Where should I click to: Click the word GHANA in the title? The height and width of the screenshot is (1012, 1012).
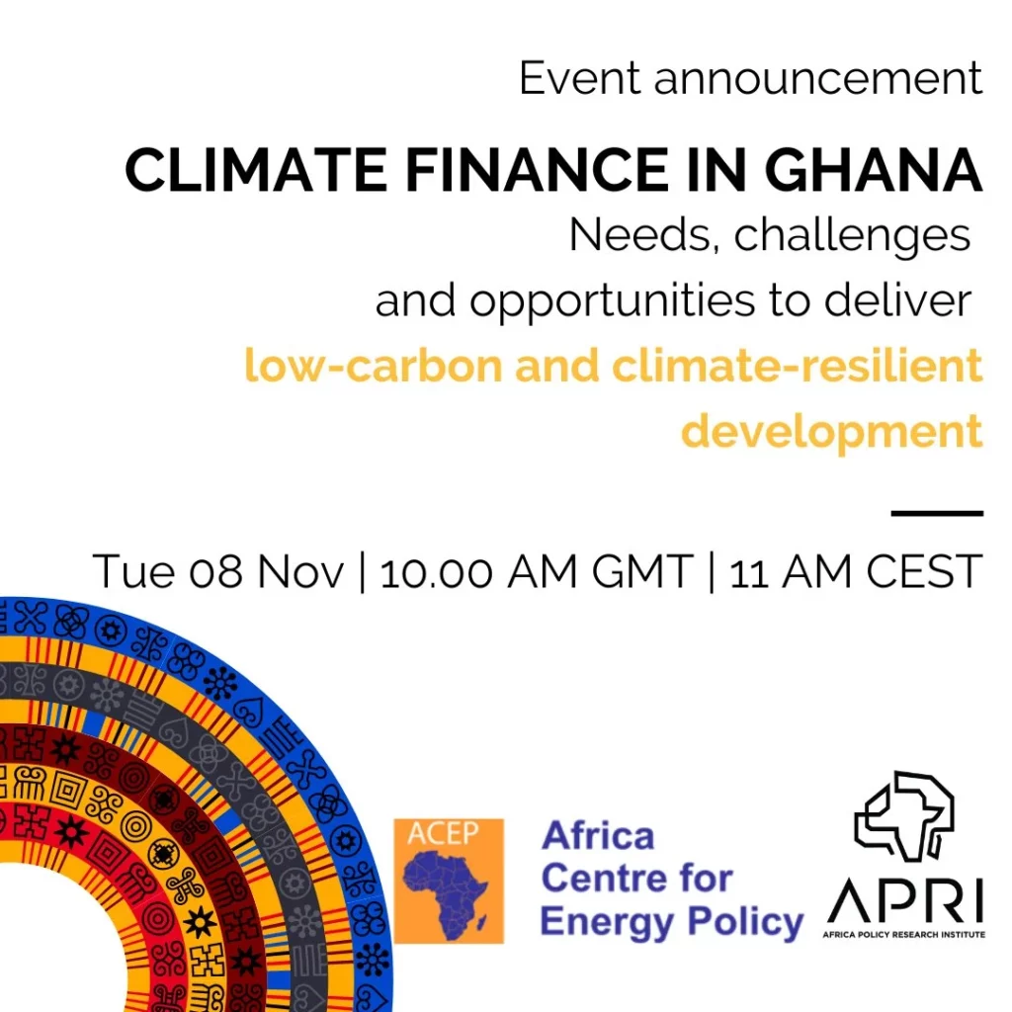click(873, 170)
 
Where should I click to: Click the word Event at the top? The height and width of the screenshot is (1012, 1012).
click(579, 79)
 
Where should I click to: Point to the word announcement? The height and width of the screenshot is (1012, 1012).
click(818, 79)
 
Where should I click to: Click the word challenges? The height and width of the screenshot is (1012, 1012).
click(852, 236)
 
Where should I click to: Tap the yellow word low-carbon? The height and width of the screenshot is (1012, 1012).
click(374, 366)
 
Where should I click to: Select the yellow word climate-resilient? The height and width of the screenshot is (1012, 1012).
click(798, 366)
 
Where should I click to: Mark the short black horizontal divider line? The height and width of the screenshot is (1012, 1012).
click(937, 514)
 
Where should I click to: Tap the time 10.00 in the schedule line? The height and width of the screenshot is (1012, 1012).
click(436, 572)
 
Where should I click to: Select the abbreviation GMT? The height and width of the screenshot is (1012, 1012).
click(642, 572)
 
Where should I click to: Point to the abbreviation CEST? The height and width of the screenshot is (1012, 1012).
click(924, 572)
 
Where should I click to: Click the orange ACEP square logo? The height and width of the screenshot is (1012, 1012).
click(449, 881)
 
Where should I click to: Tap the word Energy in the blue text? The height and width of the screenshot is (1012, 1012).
click(608, 923)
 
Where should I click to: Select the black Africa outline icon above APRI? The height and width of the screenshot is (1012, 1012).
click(904, 816)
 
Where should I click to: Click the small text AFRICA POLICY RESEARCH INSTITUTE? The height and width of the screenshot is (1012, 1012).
click(903, 935)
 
